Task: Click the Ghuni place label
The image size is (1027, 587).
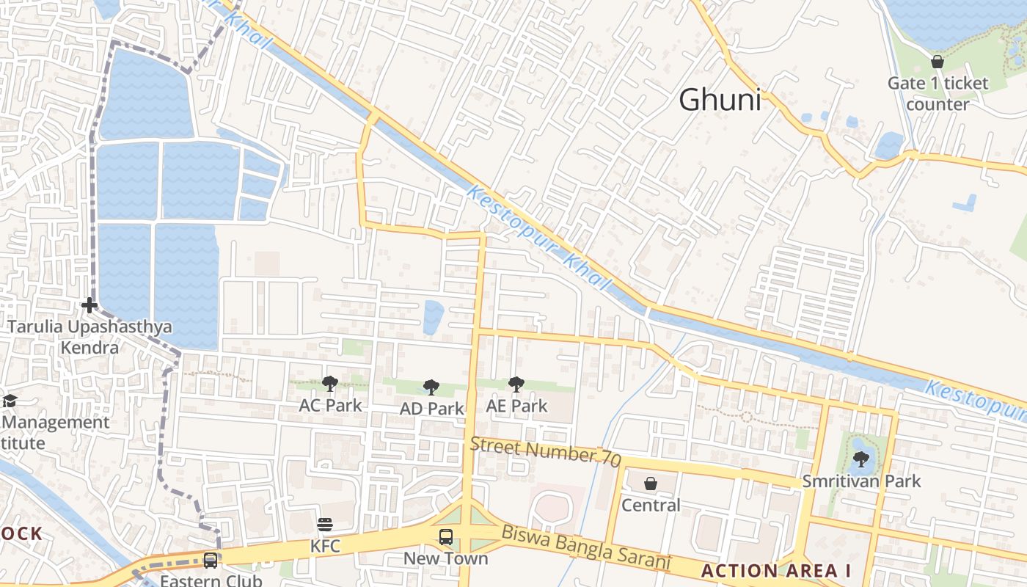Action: tap(720, 100)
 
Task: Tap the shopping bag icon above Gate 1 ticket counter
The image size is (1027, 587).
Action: tap(937, 62)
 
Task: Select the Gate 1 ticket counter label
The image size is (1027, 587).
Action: tap(938, 93)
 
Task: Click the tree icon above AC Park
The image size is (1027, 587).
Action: tap(330, 383)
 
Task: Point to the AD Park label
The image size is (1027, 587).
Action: tap(431, 409)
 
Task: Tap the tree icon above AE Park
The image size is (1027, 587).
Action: tap(516, 384)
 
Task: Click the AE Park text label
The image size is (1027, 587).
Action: tap(516, 406)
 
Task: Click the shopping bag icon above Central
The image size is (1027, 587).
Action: tap(650, 484)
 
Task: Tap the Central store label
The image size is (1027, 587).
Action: tap(651, 505)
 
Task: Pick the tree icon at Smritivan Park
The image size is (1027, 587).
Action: tap(861, 460)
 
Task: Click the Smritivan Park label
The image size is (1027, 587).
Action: tap(861, 481)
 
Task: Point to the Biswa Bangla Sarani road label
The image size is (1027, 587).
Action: tap(586, 547)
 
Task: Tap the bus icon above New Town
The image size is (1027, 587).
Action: tap(446, 536)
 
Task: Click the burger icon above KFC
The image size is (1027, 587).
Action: tap(325, 525)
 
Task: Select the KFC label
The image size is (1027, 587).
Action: tap(325, 546)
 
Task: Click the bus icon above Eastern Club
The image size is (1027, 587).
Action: tap(211, 561)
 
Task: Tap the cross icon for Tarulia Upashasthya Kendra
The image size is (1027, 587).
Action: tap(89, 305)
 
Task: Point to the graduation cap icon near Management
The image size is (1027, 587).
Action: tap(10, 401)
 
